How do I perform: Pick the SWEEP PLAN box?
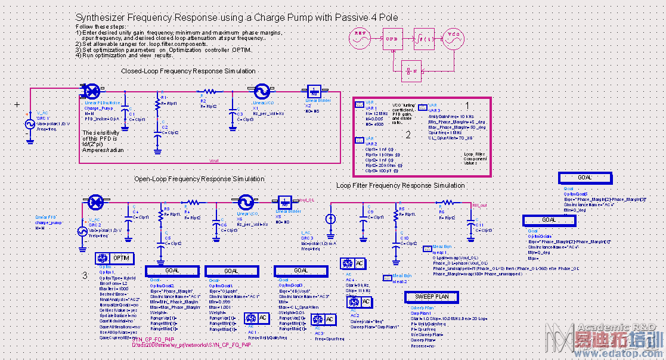431,296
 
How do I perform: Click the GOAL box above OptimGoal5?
585,178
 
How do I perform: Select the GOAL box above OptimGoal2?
172,271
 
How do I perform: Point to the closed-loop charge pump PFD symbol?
92,91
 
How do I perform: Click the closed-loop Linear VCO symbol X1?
261,91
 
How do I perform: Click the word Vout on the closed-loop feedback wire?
214,160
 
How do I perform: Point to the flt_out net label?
479,205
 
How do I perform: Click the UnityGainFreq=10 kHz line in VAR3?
451,116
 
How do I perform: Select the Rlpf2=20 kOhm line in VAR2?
379,165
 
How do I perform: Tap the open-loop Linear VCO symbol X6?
244,202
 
